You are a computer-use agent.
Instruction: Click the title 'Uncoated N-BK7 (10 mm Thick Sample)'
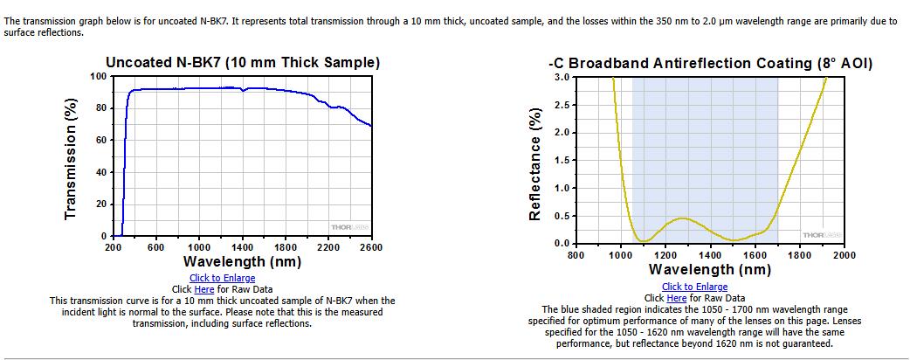click(x=243, y=63)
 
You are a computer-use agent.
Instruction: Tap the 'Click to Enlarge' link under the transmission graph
click(x=223, y=278)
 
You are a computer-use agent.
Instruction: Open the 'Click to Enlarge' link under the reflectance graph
click(x=694, y=287)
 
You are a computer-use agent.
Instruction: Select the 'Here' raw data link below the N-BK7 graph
click(x=204, y=289)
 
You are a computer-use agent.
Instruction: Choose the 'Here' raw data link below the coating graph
click(x=677, y=299)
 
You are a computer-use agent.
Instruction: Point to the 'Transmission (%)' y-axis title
click(x=71, y=156)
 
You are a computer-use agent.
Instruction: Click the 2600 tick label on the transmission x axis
click(x=371, y=247)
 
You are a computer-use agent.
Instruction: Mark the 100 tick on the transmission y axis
click(x=99, y=77)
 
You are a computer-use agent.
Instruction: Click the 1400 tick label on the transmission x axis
click(x=242, y=247)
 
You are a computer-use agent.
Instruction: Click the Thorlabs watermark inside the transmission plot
click(x=349, y=227)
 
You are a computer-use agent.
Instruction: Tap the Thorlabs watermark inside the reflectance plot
click(x=821, y=234)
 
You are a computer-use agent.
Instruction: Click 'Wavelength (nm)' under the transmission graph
click(x=242, y=262)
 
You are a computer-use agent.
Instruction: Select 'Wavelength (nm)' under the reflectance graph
click(x=710, y=270)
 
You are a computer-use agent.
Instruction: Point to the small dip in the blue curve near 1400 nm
click(x=243, y=91)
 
